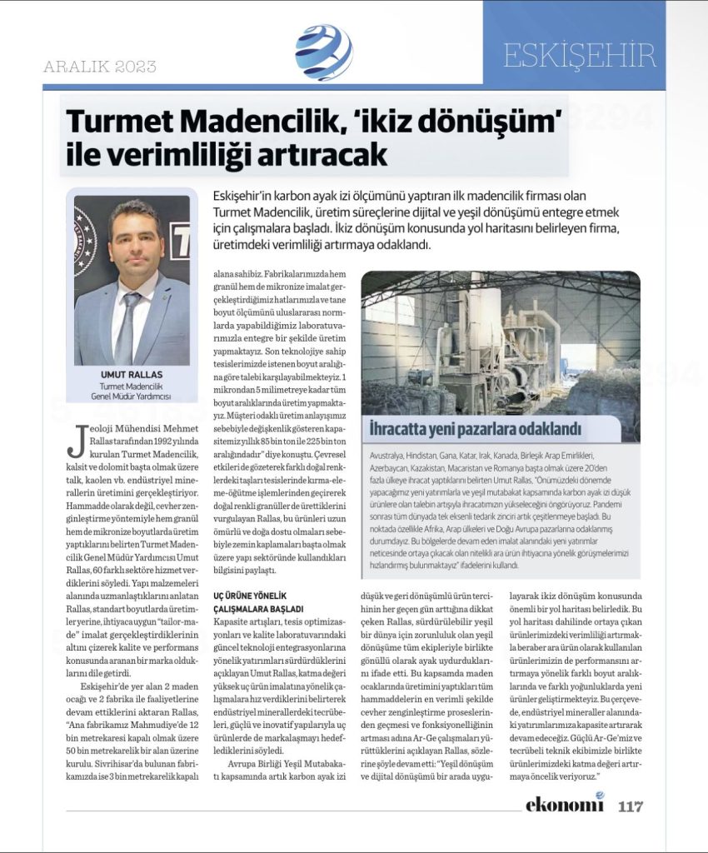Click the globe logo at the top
tap(323, 52)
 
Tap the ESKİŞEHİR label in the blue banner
tap(580, 56)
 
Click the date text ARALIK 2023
tap(100, 67)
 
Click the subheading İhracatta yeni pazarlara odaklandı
tap(476, 430)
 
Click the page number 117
tap(631, 806)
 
